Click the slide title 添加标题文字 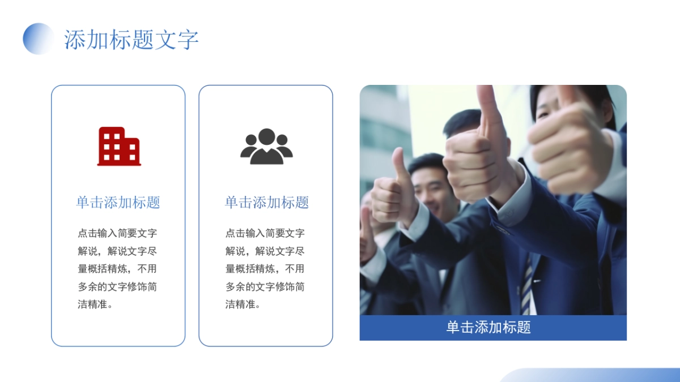click(x=131, y=40)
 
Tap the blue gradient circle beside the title click(x=38, y=38)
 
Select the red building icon click(x=119, y=146)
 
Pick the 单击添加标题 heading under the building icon click(x=118, y=203)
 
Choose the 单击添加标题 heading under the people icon click(x=266, y=203)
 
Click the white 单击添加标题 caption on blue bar click(x=488, y=328)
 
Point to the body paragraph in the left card click(x=118, y=268)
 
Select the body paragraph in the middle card click(x=265, y=268)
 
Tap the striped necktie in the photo click(x=526, y=283)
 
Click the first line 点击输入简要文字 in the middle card click(x=265, y=233)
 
